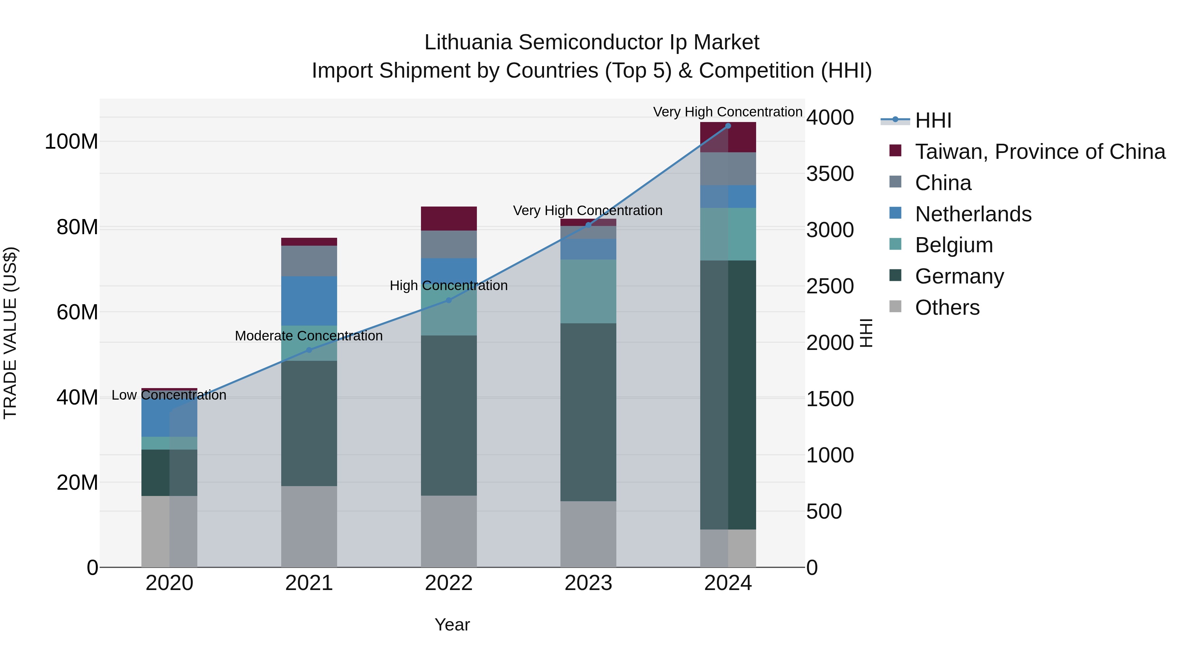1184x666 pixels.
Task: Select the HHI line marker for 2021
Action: click(x=309, y=350)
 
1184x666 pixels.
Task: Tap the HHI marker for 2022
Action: click(x=449, y=300)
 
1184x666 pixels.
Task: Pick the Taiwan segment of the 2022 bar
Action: click(x=449, y=218)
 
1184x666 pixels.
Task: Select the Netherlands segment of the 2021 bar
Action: click(x=309, y=301)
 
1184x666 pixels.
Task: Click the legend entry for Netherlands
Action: click(x=973, y=214)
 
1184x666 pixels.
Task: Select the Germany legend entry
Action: click(x=959, y=276)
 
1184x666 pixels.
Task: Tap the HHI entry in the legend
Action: click(x=933, y=120)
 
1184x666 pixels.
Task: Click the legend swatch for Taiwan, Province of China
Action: click(x=895, y=150)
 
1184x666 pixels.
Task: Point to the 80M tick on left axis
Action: click(x=77, y=227)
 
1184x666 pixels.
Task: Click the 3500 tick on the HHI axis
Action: click(x=830, y=174)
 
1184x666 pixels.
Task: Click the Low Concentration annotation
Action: click(x=169, y=395)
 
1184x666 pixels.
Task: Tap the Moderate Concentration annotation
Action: click(x=308, y=336)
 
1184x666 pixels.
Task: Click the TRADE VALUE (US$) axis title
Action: click(x=10, y=333)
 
